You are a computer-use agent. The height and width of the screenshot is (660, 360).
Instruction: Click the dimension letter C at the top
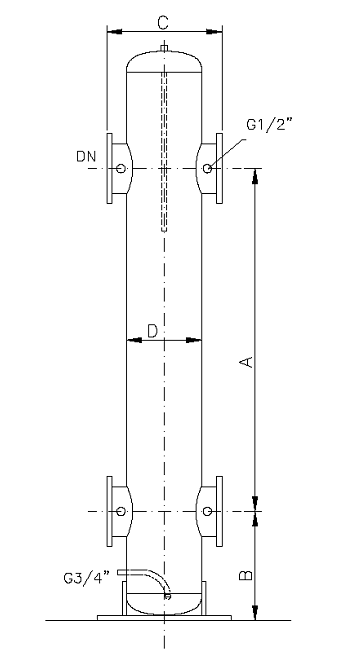(163, 20)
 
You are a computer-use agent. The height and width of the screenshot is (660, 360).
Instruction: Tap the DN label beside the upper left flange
(86, 157)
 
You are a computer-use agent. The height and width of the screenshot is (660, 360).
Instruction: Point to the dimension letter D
(151, 329)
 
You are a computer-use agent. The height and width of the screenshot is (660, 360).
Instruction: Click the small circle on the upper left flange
(120, 168)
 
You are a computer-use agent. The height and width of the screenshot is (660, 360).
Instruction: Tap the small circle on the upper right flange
(206, 168)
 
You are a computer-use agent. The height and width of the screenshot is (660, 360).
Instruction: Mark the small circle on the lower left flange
(120, 512)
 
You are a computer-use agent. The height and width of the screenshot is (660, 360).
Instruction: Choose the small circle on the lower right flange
(206, 512)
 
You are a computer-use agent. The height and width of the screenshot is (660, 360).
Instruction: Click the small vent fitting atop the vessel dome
(163, 47)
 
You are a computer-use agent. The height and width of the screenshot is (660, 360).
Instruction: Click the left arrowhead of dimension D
(130, 340)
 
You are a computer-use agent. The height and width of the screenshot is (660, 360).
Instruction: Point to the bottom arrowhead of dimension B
(258, 612)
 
